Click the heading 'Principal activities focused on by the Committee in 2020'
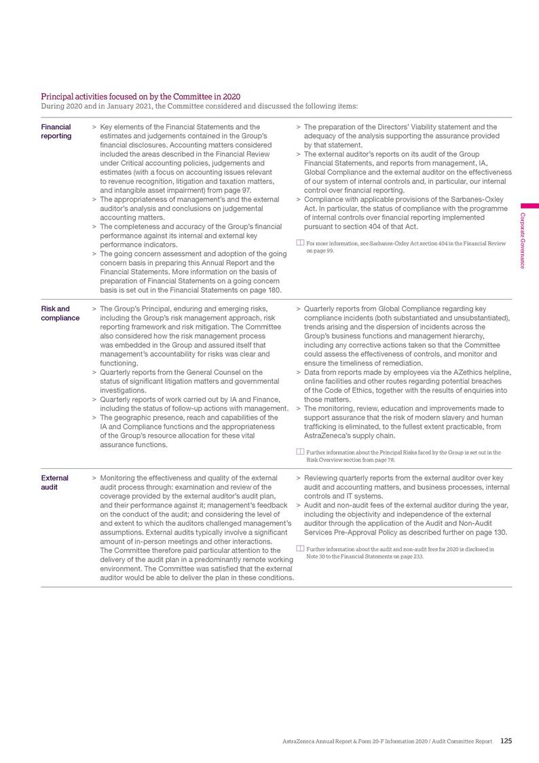coord(141,97)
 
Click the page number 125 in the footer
coord(506,741)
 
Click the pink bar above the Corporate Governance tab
coord(529,205)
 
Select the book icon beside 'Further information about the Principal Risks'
coord(299,452)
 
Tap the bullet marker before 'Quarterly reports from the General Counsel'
coord(94,372)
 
